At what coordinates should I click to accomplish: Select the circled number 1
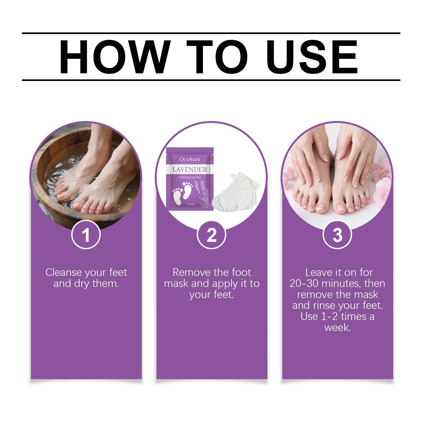point(86,234)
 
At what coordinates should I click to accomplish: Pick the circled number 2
point(212,234)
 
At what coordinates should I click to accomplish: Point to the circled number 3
point(337,234)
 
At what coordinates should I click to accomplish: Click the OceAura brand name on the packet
point(190,159)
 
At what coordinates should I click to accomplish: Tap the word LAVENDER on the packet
point(190,169)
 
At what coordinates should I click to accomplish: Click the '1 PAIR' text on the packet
point(190,204)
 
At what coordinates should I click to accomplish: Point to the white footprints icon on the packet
point(183,193)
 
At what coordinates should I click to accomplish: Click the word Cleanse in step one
point(63,272)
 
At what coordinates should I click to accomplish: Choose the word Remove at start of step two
point(189,272)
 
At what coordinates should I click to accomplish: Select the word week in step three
point(337,328)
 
